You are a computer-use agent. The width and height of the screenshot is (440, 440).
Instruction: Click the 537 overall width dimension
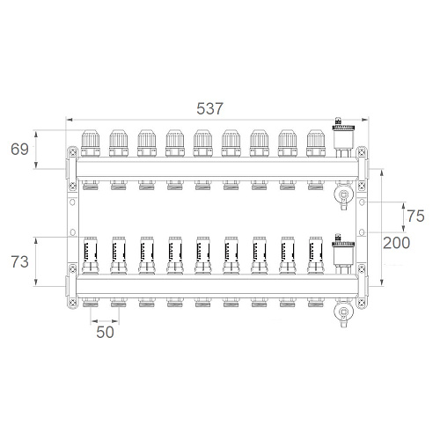209,109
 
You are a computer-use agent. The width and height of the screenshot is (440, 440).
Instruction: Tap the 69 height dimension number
19,149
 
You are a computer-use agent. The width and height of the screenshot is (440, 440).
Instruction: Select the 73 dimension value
19,261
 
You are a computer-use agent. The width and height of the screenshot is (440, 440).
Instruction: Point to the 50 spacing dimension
105,333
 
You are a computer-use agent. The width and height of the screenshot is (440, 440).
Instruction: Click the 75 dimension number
415,216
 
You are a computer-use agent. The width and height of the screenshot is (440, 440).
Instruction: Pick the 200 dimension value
397,243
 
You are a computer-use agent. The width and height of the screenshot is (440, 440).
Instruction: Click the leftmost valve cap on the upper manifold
91,143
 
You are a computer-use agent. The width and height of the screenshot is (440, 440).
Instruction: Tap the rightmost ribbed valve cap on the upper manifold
316,143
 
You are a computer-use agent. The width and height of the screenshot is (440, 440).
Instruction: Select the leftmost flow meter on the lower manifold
91,255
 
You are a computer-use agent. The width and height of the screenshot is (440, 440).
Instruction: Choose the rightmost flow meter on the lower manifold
316,255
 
